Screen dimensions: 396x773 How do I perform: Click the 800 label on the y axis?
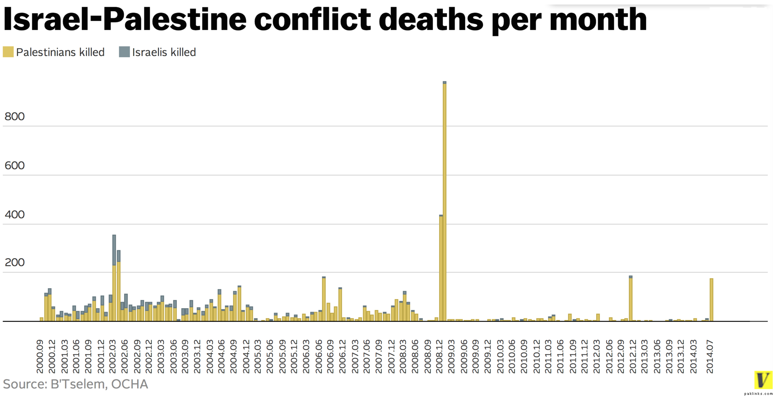(x=14, y=116)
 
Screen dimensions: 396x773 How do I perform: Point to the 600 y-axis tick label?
(x=14, y=165)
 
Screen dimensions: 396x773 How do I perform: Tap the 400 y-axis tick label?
(x=14, y=215)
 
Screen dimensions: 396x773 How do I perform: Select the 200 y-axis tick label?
(x=14, y=262)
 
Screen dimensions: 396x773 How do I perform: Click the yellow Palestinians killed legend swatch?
(x=8, y=52)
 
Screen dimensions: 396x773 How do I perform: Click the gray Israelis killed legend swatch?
(x=124, y=52)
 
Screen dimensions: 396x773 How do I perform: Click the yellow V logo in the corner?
(x=763, y=380)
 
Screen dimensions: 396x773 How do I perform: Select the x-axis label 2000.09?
(x=40, y=356)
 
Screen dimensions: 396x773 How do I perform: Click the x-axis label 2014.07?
(x=709, y=356)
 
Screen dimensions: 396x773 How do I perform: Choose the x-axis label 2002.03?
(x=112, y=356)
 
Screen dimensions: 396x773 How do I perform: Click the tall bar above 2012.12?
(x=631, y=299)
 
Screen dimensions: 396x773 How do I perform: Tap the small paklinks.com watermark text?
(x=758, y=394)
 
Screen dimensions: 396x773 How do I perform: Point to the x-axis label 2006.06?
(x=318, y=356)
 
